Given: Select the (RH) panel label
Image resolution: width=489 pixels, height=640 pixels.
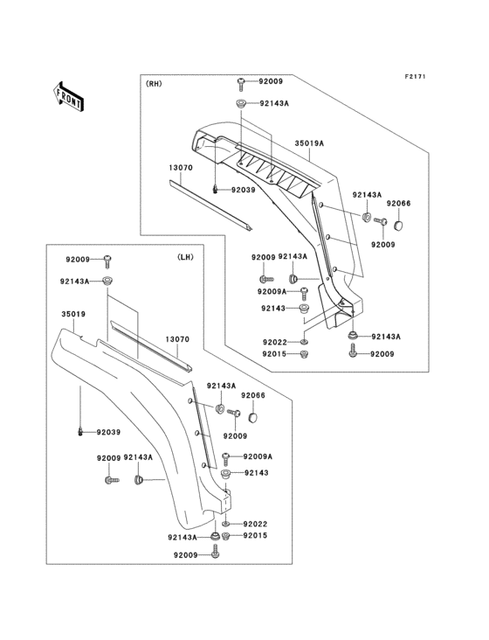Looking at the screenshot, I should pos(153,84).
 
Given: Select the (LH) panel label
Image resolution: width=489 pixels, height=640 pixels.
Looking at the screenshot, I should pos(185,257).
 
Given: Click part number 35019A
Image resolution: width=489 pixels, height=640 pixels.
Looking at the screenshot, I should pos(309,142).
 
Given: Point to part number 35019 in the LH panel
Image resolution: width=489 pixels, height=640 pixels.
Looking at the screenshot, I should pos(74,312).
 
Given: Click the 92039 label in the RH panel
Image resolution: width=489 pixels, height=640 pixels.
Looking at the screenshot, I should pos(244,190).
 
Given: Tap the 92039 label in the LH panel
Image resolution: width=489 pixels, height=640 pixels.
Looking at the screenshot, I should pos(109,432).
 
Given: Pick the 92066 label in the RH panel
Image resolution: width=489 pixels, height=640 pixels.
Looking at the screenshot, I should pos(398,203).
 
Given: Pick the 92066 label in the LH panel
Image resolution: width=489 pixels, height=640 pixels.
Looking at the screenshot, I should pos(253,395).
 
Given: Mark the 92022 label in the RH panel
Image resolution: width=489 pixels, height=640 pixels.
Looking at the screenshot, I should pos(273,342).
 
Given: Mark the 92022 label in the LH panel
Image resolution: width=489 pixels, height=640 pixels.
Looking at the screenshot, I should pos(255,523).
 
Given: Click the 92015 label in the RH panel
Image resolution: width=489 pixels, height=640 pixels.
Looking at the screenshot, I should pos(273,354).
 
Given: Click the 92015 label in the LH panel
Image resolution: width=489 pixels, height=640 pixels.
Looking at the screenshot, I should pos(255,535).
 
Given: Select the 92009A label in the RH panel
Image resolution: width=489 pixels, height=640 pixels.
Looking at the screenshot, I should pos(272,291).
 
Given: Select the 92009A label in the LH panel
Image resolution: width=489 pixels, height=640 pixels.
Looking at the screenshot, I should pos(258,456).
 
